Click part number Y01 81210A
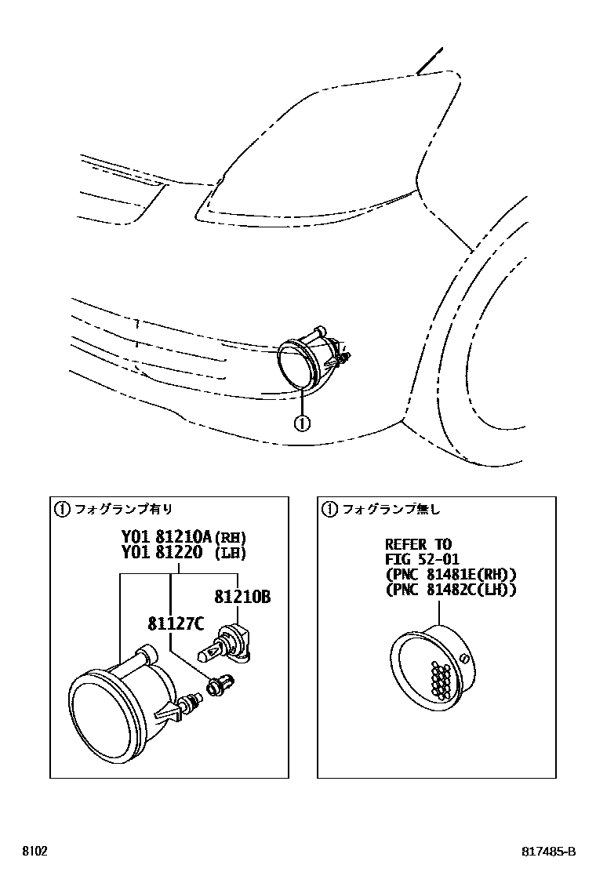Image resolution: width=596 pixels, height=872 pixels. [x=165, y=538]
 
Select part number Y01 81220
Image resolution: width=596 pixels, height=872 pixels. [x=161, y=553]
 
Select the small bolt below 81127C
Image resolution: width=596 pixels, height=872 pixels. [x=214, y=685]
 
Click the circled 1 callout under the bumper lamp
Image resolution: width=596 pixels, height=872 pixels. [x=302, y=423]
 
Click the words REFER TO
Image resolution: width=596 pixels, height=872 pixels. [x=418, y=544]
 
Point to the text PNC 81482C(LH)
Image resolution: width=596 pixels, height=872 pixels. [x=451, y=589]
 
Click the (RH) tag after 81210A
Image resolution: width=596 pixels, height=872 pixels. [x=231, y=539]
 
